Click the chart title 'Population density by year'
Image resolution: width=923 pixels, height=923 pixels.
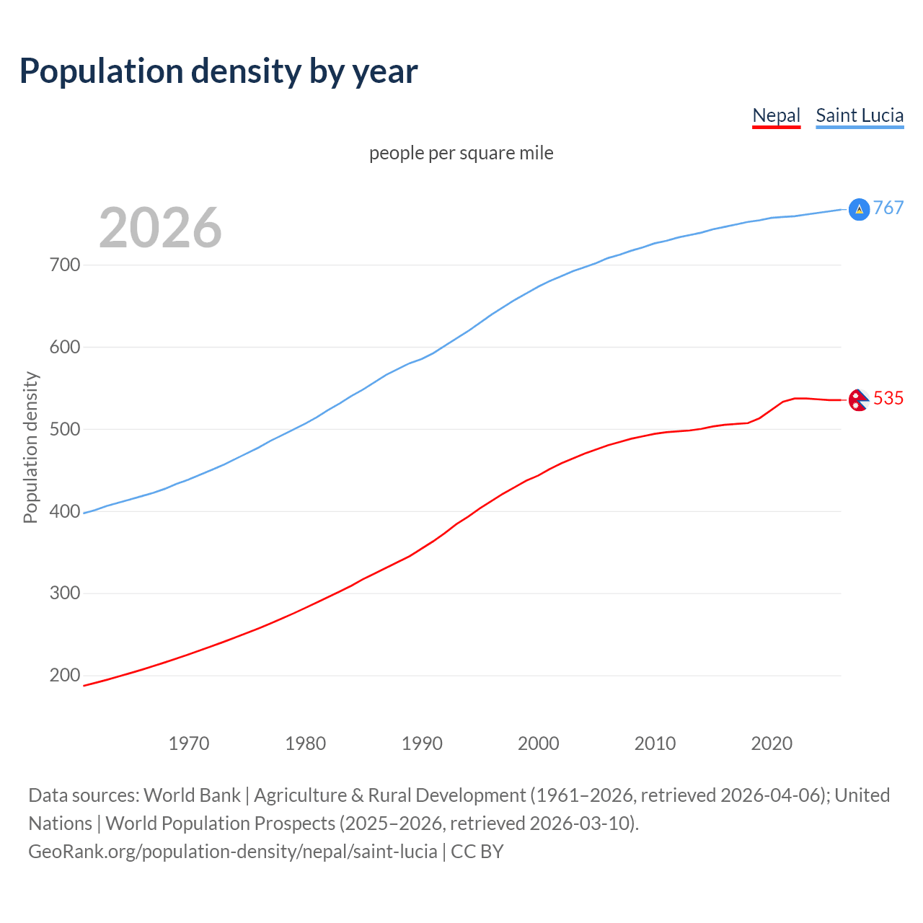tap(218, 71)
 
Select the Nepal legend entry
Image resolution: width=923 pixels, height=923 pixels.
tap(776, 115)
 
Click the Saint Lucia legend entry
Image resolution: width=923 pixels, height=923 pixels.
tap(860, 115)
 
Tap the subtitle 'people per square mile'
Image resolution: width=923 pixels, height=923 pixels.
tap(461, 154)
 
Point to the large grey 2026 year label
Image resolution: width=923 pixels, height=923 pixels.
tap(160, 228)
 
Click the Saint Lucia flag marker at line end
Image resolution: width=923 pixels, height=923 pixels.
tap(859, 209)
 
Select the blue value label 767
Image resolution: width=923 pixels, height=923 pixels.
tap(888, 208)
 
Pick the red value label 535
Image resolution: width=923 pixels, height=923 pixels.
tap(888, 398)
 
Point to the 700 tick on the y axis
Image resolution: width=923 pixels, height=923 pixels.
tap(65, 265)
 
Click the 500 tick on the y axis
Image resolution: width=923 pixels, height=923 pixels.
tap(65, 429)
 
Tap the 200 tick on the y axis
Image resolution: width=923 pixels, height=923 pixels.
tap(65, 676)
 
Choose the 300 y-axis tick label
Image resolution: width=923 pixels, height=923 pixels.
tap(65, 593)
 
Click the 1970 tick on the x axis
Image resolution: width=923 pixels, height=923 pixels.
tap(189, 743)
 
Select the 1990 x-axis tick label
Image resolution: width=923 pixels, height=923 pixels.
tap(422, 743)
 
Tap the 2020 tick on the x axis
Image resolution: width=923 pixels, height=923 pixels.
tap(772, 743)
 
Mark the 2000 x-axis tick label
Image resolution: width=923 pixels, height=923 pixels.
tap(539, 743)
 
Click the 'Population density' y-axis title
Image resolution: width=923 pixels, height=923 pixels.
tap(30, 447)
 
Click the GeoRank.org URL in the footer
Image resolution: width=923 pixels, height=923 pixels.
tap(232, 852)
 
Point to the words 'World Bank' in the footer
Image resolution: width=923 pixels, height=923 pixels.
tap(192, 795)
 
